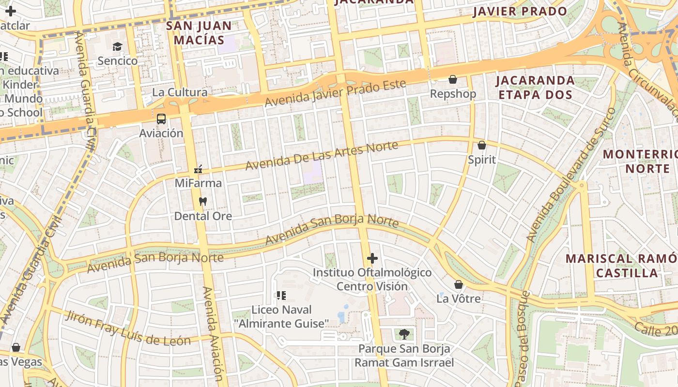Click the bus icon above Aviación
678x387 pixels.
(x=161, y=119)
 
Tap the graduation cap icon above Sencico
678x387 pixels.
(x=117, y=46)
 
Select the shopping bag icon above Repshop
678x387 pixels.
(x=453, y=79)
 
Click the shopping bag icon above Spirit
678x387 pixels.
(x=482, y=145)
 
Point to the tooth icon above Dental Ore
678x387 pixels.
(x=202, y=201)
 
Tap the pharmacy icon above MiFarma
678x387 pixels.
(x=198, y=169)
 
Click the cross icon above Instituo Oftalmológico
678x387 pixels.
(x=372, y=258)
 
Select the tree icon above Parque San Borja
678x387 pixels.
(x=404, y=333)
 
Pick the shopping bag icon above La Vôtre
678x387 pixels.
(x=458, y=284)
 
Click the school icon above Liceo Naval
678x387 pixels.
(x=281, y=295)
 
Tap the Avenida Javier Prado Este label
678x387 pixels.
(x=335, y=93)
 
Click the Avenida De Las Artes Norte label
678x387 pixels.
(x=322, y=155)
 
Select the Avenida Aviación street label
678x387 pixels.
(x=214, y=334)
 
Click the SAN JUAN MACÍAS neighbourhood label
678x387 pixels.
(x=199, y=32)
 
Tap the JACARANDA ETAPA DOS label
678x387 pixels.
(x=535, y=87)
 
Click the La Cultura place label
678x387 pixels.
(x=180, y=92)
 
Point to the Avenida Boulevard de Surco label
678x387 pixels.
(x=571, y=175)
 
